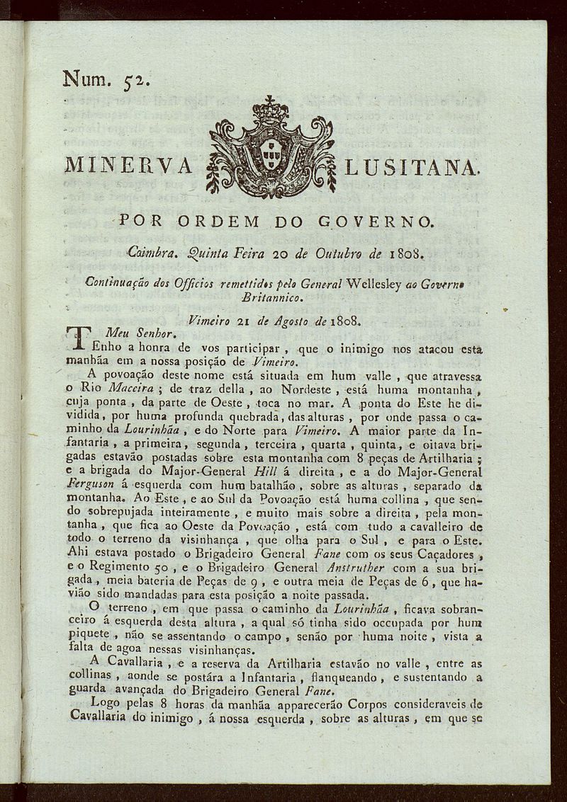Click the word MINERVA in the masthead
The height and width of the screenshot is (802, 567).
pos(128,166)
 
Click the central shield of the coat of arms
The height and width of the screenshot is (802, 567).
pos(269,154)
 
